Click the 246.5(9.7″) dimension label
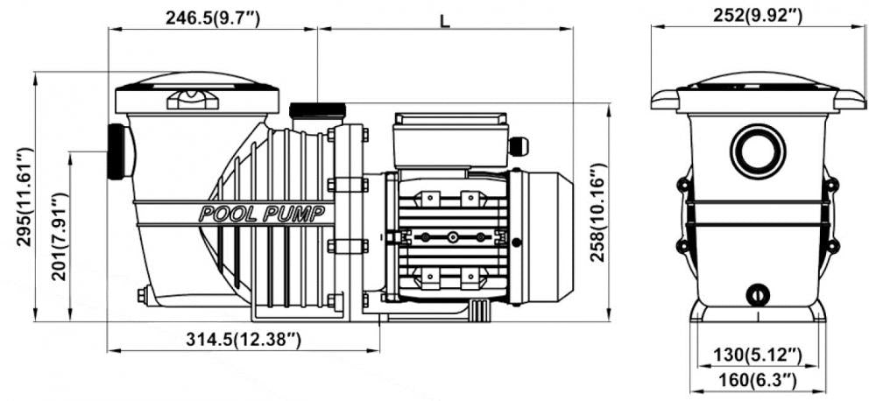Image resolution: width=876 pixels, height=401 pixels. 212,18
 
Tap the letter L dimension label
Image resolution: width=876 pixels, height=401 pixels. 445,21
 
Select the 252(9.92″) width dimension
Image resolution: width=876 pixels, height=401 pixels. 758,16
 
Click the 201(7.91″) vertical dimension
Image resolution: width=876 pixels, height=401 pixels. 60,236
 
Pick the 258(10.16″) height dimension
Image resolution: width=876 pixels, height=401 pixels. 598,212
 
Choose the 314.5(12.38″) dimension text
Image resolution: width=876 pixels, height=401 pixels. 244,339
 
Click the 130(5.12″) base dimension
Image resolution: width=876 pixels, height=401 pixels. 758,354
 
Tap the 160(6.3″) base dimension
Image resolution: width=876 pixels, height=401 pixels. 757,380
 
